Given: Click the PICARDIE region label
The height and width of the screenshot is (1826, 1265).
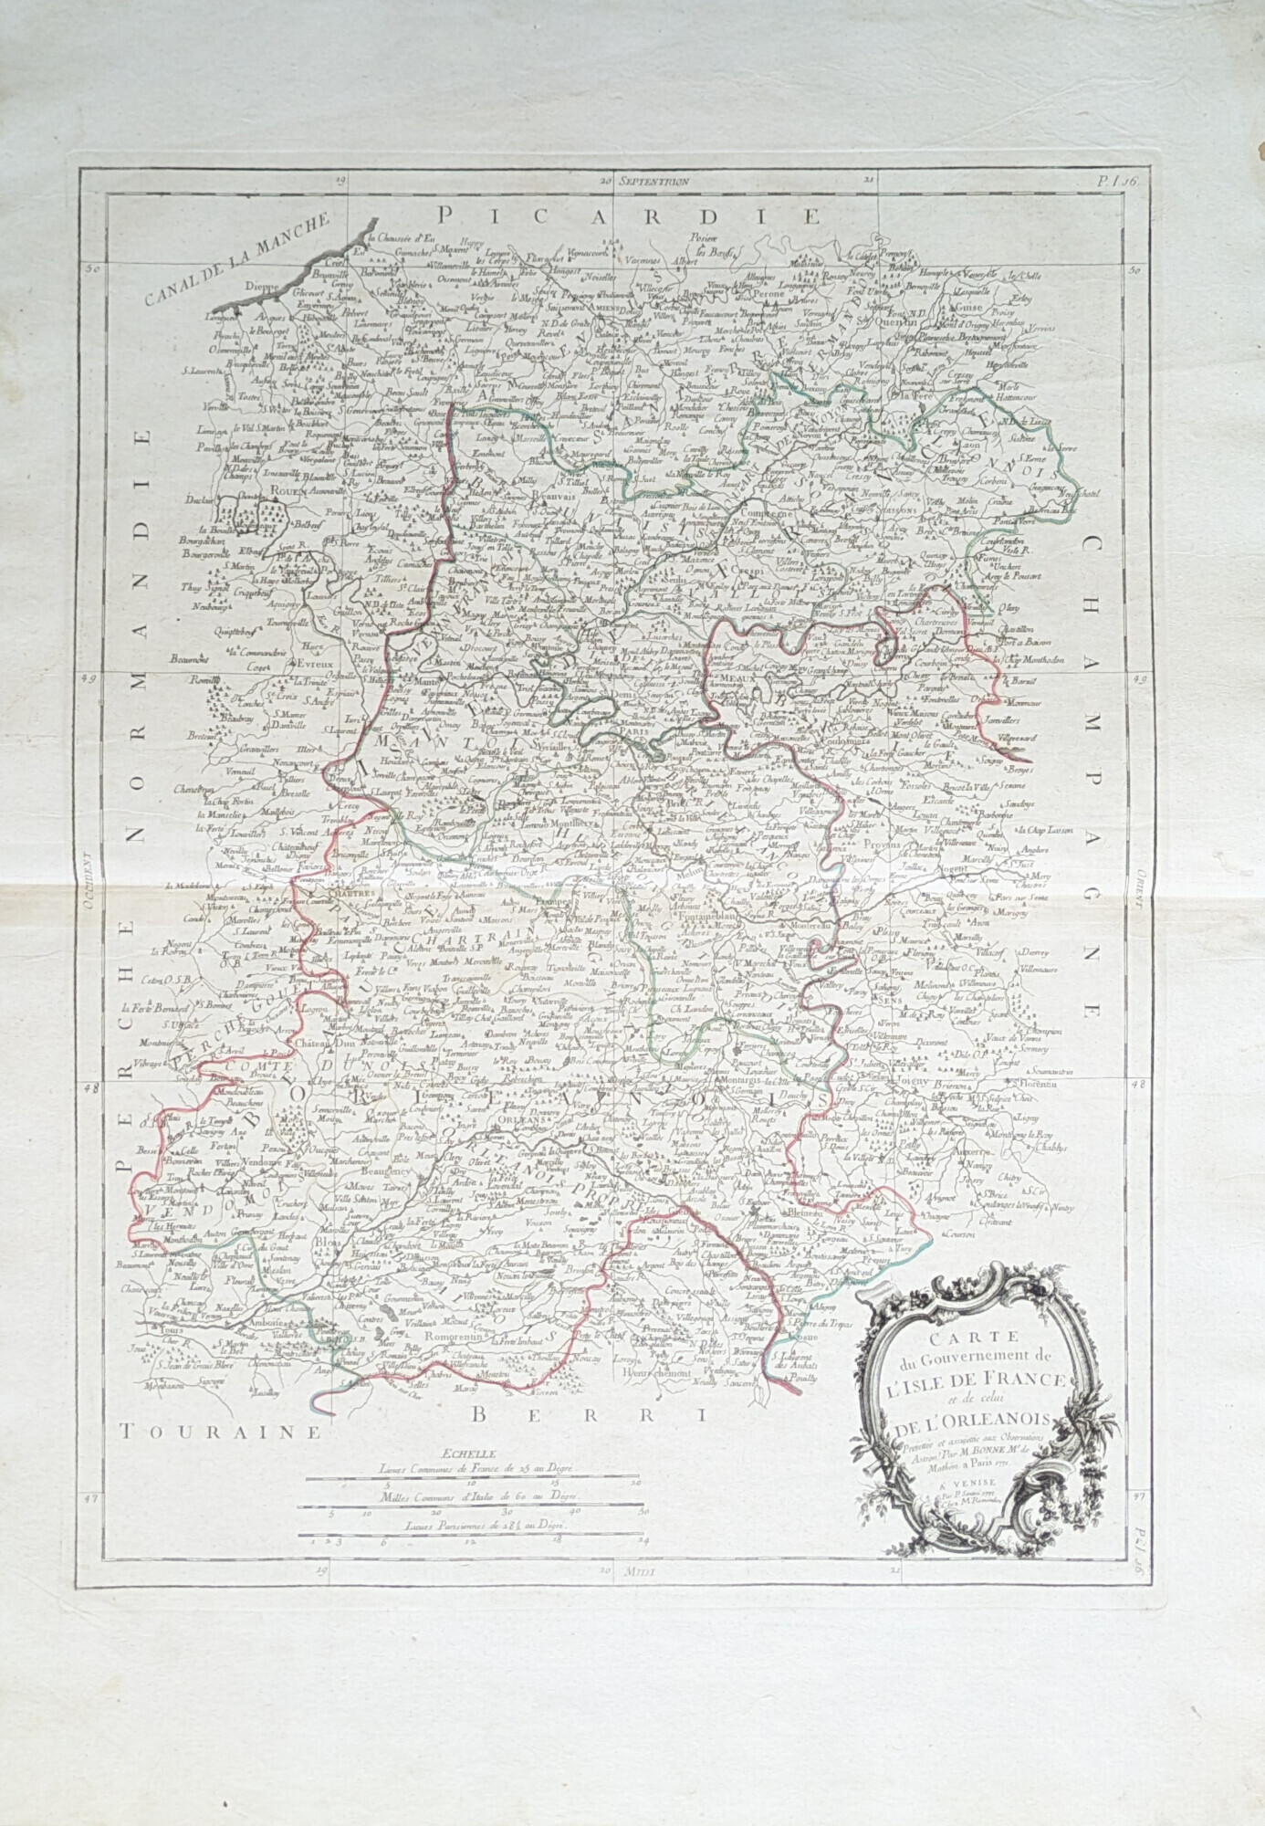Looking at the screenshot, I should (x=630, y=215).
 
